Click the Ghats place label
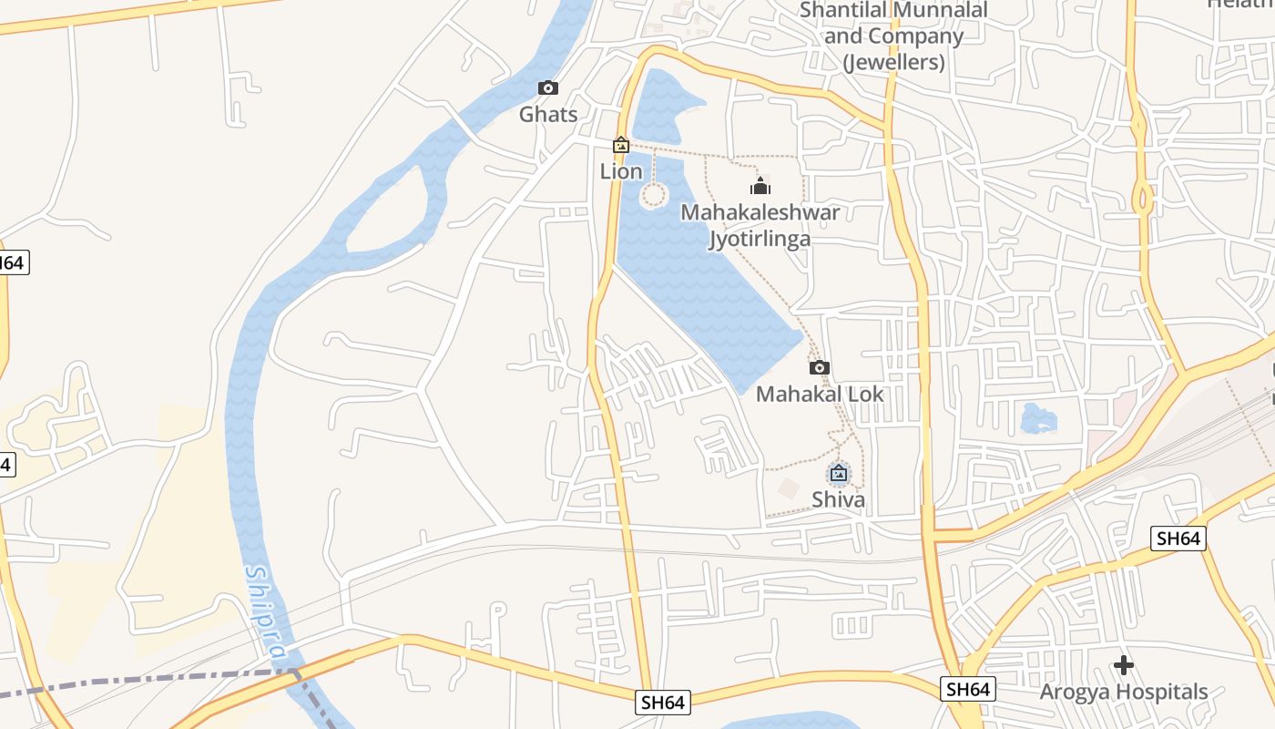(548, 114)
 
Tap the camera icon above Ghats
(547, 87)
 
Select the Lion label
(621, 170)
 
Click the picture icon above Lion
(621, 145)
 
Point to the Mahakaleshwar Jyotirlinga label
(760, 225)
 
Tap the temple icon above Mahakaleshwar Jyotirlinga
(760, 187)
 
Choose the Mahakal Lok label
(820, 394)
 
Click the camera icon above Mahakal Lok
(820, 367)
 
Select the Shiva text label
(838, 498)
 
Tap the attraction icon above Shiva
(839, 473)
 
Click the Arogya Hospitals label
(1124, 692)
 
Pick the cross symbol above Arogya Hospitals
(1124, 665)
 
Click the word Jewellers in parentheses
(893, 62)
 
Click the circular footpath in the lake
(654, 195)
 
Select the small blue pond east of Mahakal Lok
(1038, 418)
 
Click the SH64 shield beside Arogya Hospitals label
(967, 689)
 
